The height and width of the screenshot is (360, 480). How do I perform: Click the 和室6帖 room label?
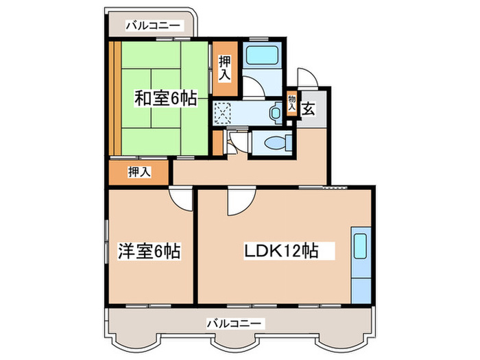pos(165,99)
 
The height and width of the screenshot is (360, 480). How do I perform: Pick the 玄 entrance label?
pos(309,108)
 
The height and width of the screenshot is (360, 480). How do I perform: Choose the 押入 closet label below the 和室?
pos(139,172)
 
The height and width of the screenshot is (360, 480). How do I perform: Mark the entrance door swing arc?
pos(304,77)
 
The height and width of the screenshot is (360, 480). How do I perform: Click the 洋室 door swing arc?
pos(181,199)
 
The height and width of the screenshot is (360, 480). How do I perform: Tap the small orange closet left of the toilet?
pos(217,142)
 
